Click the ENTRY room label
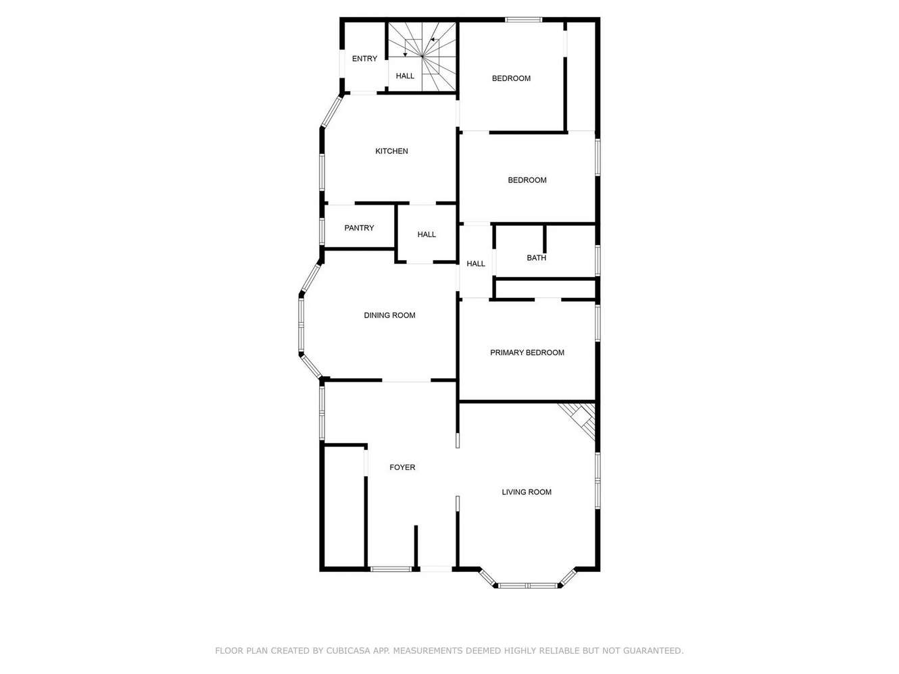pyautogui.click(x=364, y=59)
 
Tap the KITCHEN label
pyautogui.click(x=391, y=151)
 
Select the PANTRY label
pyautogui.click(x=359, y=228)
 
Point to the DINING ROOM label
pyautogui.click(x=389, y=315)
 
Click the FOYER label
pyautogui.click(x=402, y=467)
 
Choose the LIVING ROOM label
pyautogui.click(x=527, y=492)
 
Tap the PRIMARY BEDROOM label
pyautogui.click(x=527, y=353)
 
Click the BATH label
pyautogui.click(x=536, y=258)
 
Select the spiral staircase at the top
pyautogui.click(x=422, y=57)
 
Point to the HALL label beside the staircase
pyautogui.click(x=405, y=76)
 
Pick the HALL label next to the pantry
pyautogui.click(x=427, y=234)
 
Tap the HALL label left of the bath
pyautogui.click(x=475, y=263)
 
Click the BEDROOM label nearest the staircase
pyautogui.click(x=511, y=78)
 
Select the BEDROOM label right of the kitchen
pyautogui.click(x=527, y=180)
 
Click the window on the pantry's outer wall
pyautogui.click(x=322, y=232)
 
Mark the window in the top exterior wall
pyautogui.click(x=523, y=20)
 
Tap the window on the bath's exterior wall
pyautogui.click(x=598, y=260)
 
